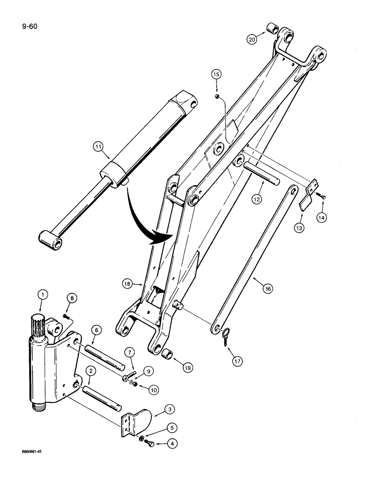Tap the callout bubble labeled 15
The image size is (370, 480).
(x=217, y=74)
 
